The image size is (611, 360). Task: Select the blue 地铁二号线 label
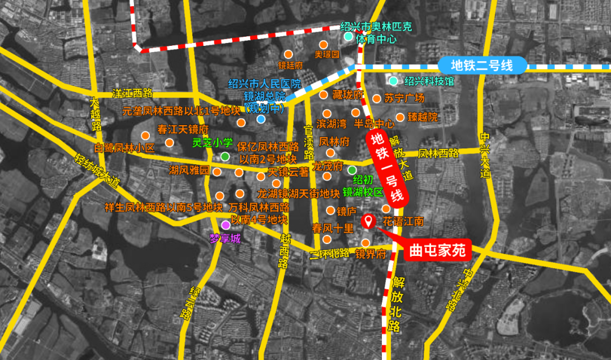(483, 66)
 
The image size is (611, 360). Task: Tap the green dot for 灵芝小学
(225, 156)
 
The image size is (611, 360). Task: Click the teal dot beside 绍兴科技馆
(393, 80)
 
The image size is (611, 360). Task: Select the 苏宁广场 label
(404, 98)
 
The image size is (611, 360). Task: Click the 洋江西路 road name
(133, 93)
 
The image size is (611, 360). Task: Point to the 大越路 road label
(94, 115)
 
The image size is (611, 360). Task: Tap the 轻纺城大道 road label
(97, 170)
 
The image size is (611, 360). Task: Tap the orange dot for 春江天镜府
(145, 136)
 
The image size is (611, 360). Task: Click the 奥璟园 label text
(326, 55)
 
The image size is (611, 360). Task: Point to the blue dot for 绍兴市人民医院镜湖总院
(261, 119)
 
